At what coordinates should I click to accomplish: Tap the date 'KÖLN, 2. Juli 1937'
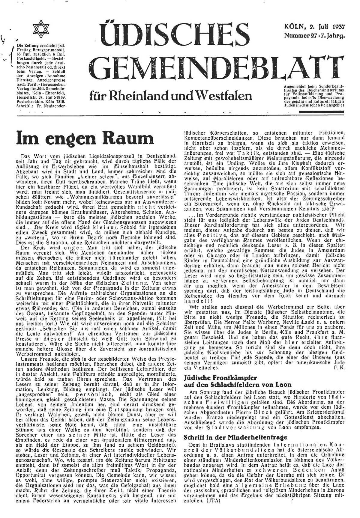click(x=314, y=26)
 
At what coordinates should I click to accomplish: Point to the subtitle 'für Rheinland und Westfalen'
click(x=170, y=96)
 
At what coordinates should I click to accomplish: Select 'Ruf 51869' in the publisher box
click(x=56, y=98)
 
